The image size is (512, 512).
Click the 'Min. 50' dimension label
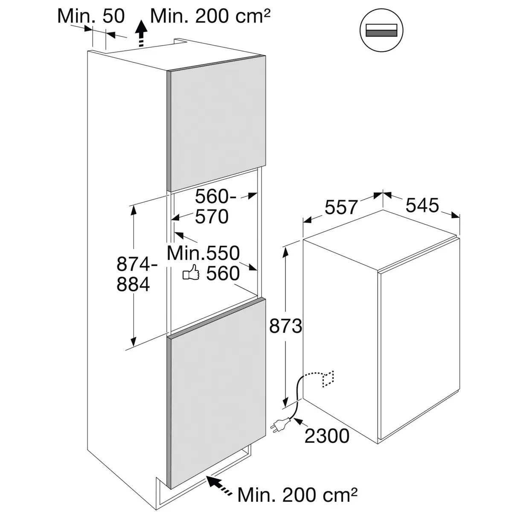tap(91, 16)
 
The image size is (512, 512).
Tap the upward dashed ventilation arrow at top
tap(141, 34)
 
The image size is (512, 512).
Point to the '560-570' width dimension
tap(212, 207)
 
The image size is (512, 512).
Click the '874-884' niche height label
tap(134, 274)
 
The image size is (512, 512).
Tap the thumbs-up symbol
tap(191, 273)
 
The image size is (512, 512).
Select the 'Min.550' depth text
tap(203, 253)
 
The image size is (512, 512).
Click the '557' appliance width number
tap(341, 207)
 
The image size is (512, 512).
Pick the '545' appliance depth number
tap(422, 206)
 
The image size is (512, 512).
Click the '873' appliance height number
tap(285, 326)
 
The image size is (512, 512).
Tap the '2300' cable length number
tap(327, 436)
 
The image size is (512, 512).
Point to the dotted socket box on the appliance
tap(329, 378)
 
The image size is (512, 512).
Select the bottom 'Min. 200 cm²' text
tap(297, 495)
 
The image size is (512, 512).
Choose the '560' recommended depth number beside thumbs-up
tap(223, 273)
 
